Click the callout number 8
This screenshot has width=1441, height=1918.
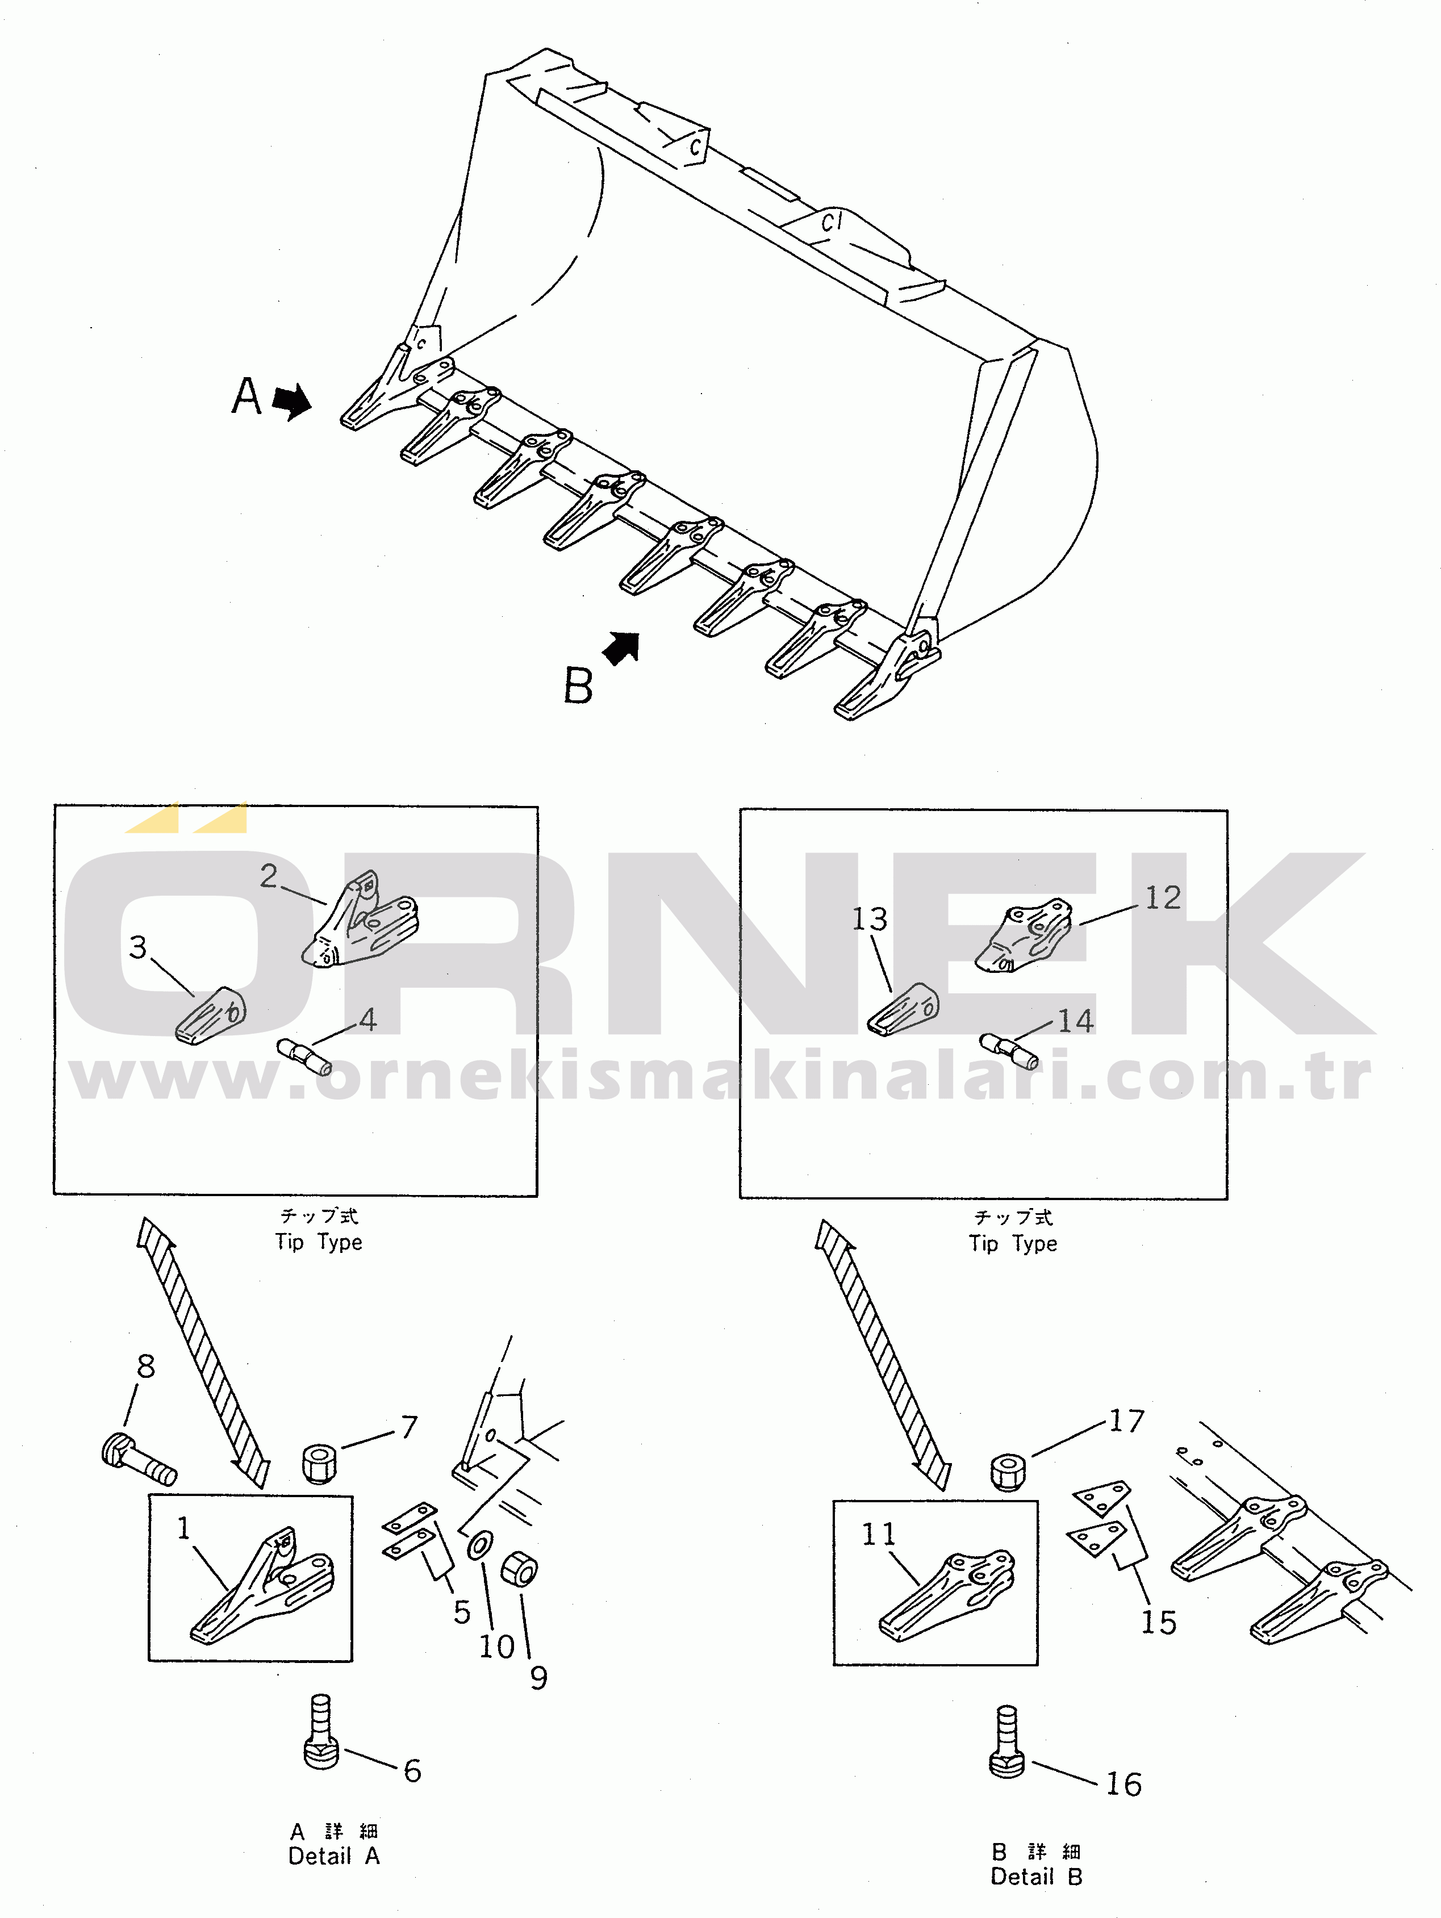tap(145, 1368)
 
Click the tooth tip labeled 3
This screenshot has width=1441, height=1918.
tap(211, 1016)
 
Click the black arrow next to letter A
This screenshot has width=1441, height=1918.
tap(291, 402)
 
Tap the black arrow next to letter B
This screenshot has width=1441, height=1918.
tap(621, 649)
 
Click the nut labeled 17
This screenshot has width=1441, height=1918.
tap(1008, 1472)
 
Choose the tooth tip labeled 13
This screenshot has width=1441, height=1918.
tap(904, 1009)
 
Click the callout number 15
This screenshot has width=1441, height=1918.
tap(1158, 1622)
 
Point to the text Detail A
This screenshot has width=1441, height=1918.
tap(334, 1857)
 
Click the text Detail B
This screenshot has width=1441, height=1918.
tap(1036, 1877)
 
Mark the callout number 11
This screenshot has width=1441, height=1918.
tap(878, 1535)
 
